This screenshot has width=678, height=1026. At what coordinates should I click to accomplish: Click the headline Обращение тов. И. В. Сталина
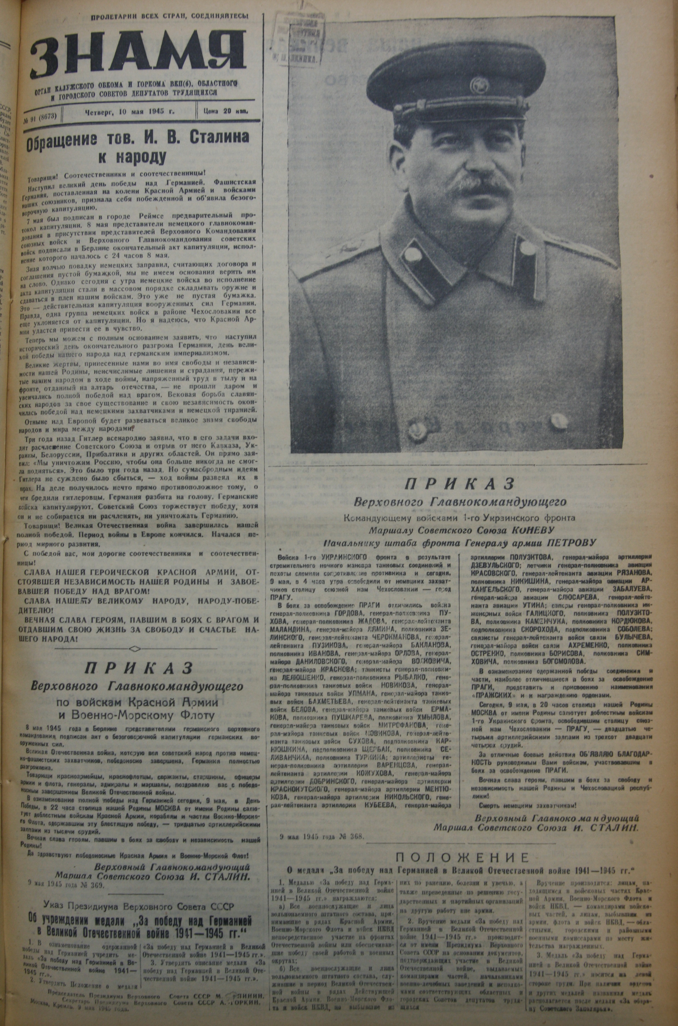coord(138,139)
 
